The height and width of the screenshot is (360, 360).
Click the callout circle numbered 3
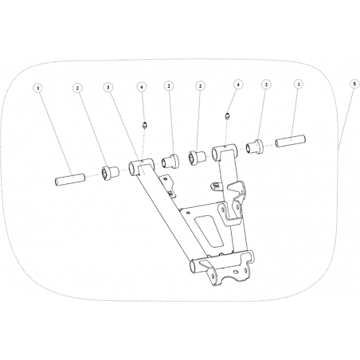pos(108,87)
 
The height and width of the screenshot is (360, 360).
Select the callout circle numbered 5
pos(354,84)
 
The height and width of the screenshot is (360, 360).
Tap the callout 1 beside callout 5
pos(299,84)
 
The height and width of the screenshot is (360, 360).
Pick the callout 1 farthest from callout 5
pos(38,88)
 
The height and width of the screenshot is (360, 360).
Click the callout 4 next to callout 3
pos(142,87)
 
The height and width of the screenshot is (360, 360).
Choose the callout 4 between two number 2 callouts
pos(238,84)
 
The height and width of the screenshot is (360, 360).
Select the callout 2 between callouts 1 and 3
pos(77,88)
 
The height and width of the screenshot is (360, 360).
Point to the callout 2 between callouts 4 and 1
pos(266,84)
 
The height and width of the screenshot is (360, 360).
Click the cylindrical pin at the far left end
pos(70,180)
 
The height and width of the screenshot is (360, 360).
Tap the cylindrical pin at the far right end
pos(290,142)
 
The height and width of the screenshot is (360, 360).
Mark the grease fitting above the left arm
pos(145,125)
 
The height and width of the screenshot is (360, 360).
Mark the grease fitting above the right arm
pos(228,115)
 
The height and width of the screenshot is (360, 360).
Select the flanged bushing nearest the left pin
pos(110,174)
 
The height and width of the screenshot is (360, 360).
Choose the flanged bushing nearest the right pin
pos(254,147)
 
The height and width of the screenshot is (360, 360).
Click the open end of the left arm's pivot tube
pos(132,169)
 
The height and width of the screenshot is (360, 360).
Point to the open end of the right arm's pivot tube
pos(215,152)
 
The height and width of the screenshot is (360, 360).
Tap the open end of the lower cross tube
pos(194,267)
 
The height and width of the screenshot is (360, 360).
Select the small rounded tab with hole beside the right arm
pos(216,186)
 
